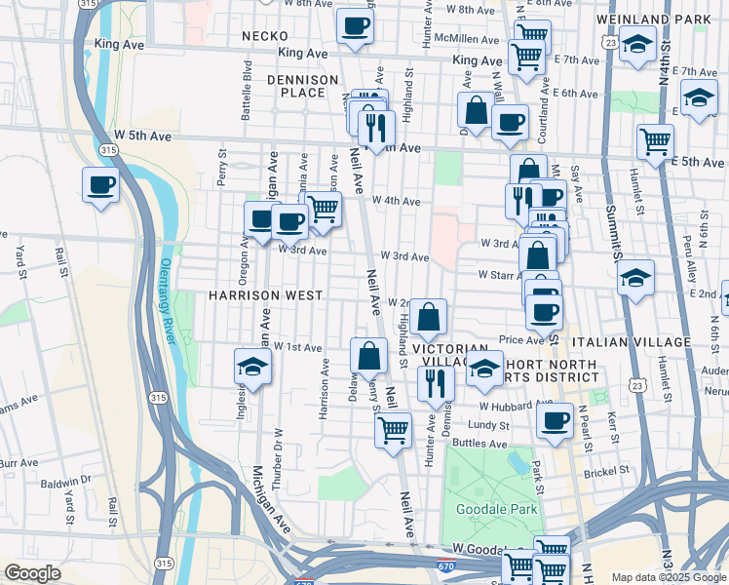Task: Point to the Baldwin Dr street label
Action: click(66, 481)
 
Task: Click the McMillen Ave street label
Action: click(468, 40)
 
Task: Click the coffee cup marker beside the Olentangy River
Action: click(100, 184)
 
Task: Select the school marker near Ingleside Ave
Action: click(252, 368)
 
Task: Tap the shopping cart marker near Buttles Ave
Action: click(393, 428)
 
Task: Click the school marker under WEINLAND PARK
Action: click(637, 46)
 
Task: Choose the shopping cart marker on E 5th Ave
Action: click(656, 141)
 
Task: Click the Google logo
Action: click(32, 573)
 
